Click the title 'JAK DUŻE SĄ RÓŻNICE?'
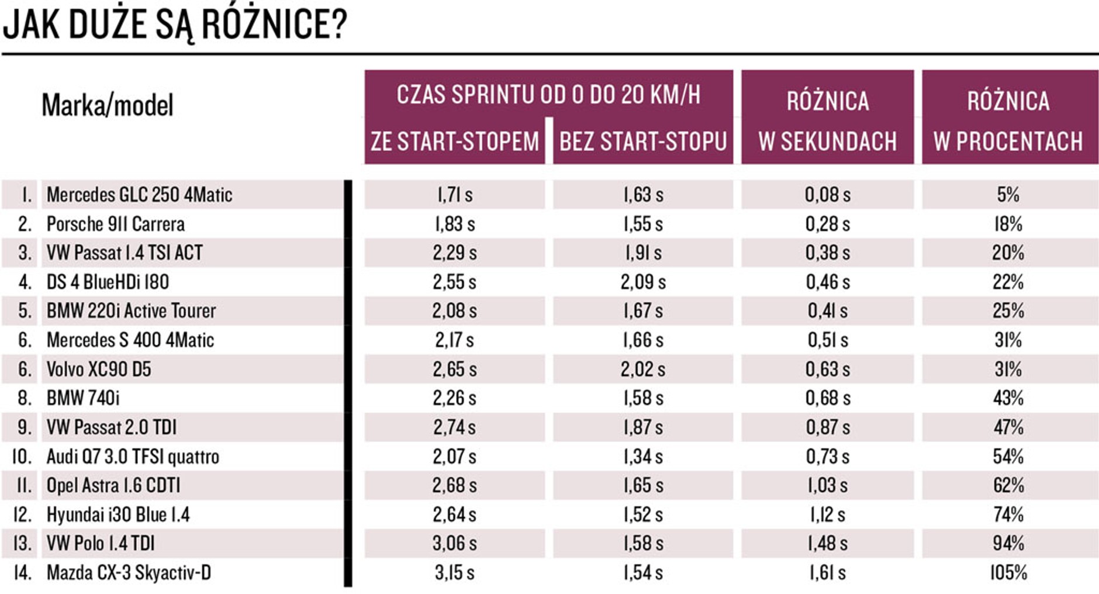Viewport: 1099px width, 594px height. [x=175, y=25]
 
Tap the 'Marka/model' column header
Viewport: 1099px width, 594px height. [x=108, y=105]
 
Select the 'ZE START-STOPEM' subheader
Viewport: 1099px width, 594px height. [x=455, y=141]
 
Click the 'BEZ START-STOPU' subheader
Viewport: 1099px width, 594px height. [x=643, y=141]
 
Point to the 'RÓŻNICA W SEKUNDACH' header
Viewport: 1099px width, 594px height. [x=827, y=120]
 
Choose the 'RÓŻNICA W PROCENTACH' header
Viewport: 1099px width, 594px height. [x=1008, y=120]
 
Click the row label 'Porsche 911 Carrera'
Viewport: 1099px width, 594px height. [x=116, y=224]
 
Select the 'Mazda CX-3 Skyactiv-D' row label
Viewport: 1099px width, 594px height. [x=129, y=572]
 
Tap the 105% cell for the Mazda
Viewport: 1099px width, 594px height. [x=1008, y=572]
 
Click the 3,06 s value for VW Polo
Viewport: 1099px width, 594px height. [x=455, y=543]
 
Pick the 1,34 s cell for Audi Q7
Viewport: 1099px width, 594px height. [x=643, y=456]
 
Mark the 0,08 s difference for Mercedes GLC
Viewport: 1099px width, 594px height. [x=827, y=195]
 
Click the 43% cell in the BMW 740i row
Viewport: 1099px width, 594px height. [x=1008, y=398]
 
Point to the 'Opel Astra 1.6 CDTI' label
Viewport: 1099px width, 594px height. [x=113, y=485]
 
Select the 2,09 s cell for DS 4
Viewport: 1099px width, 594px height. [x=643, y=282]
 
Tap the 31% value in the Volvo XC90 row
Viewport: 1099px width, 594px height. [x=1008, y=369]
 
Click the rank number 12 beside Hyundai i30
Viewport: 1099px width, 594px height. [x=22, y=514]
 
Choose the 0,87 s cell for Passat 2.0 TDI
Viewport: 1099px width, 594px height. [x=827, y=427]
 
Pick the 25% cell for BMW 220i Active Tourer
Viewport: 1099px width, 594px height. [x=1008, y=310]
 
